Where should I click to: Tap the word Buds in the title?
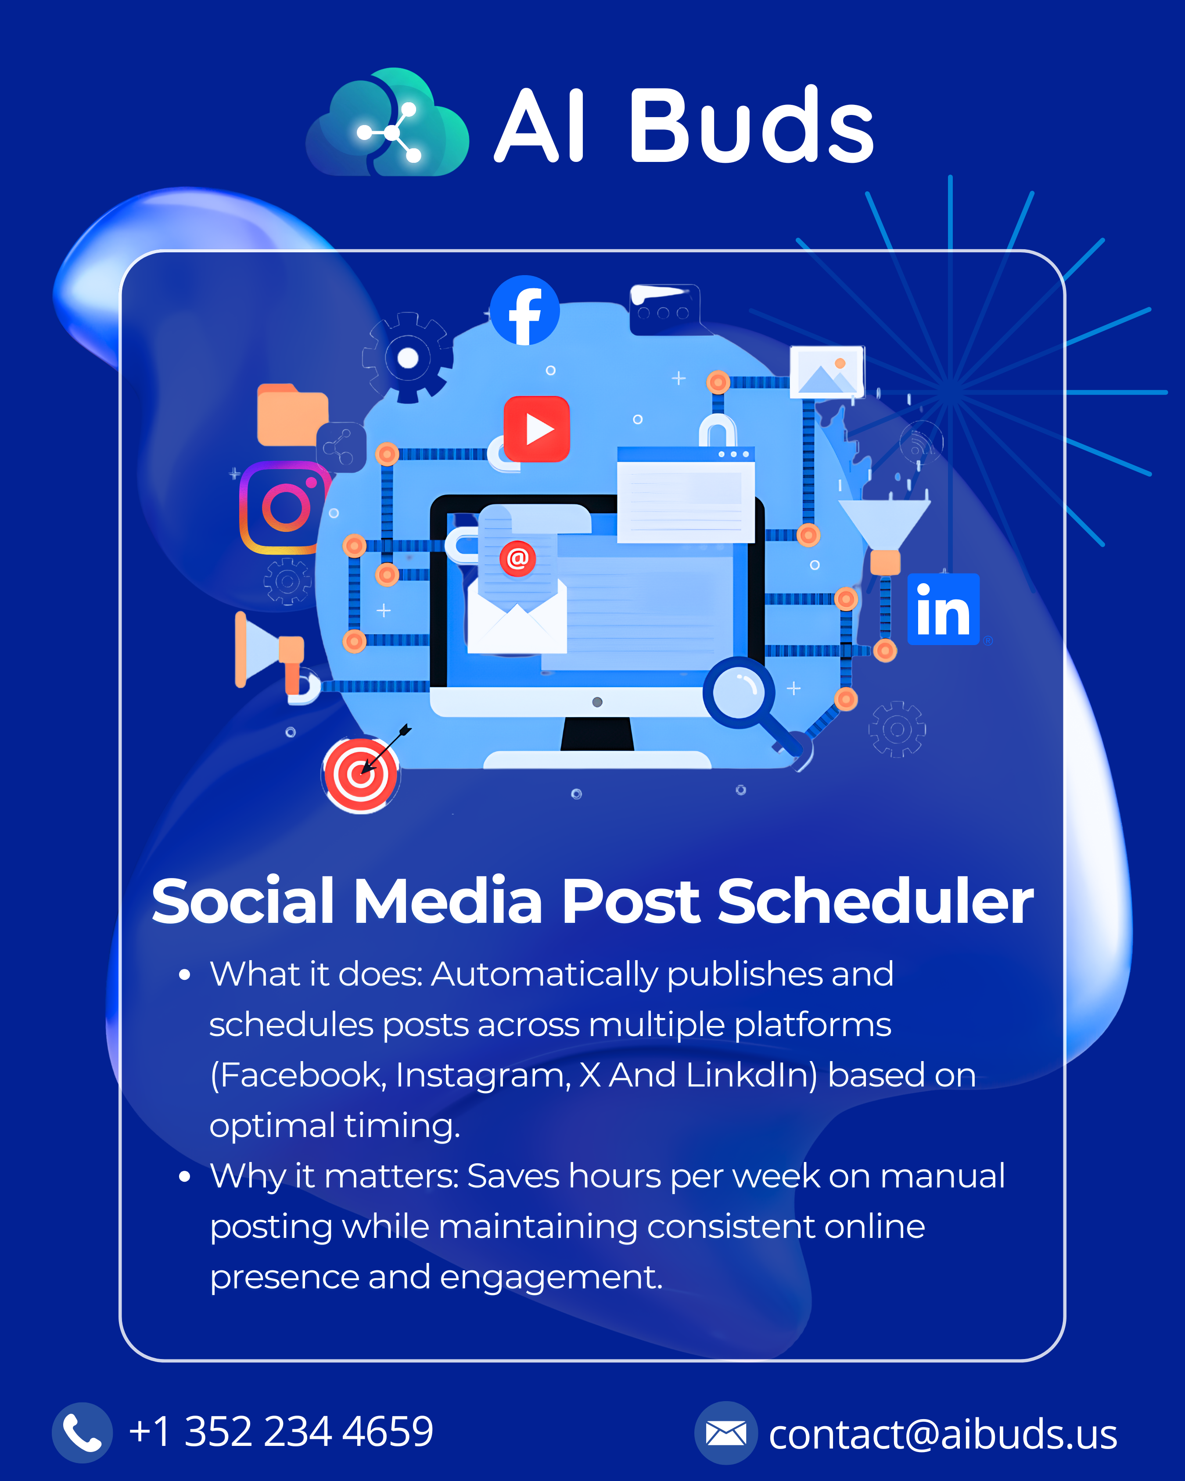[751, 126]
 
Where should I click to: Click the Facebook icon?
[525, 311]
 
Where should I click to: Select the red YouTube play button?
[536, 429]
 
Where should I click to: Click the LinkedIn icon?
[943, 610]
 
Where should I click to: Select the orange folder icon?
[291, 415]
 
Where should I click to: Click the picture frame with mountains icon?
[826, 372]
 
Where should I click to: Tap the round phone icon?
[82, 1433]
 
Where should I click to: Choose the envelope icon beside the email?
[725, 1433]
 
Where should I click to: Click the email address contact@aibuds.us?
[942, 1434]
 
